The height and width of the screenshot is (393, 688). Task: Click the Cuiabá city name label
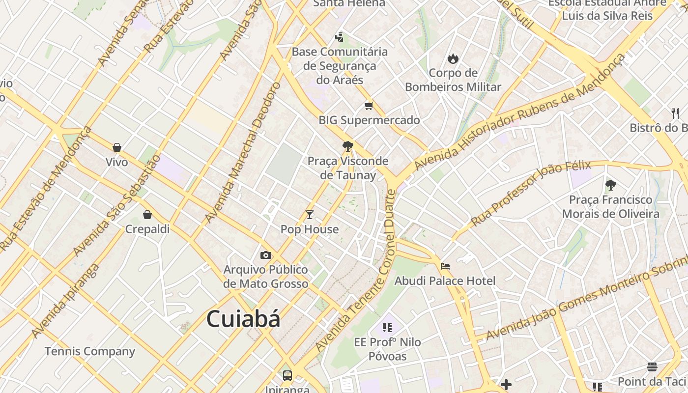243,319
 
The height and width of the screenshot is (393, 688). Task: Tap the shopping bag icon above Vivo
117,147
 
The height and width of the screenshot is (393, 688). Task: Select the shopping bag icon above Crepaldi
147,215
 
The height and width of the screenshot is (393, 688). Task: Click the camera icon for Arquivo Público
266,255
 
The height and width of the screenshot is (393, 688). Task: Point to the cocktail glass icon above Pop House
310,215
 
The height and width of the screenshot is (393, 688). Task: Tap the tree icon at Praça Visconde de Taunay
348,146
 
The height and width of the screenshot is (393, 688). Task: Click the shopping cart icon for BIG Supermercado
369,106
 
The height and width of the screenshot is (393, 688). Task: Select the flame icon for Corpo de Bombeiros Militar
453,59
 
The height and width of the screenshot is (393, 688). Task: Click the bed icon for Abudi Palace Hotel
445,266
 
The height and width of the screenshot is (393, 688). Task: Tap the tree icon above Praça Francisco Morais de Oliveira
611,185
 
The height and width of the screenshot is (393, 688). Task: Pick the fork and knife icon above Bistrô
675,113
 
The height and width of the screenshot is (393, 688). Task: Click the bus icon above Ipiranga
287,376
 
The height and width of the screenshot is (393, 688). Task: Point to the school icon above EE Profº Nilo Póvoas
387,327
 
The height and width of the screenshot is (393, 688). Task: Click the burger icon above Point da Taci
652,367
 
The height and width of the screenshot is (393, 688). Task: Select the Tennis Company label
90,351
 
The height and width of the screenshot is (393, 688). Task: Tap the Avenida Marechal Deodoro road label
243,152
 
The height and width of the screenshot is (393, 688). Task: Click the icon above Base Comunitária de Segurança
339,37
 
